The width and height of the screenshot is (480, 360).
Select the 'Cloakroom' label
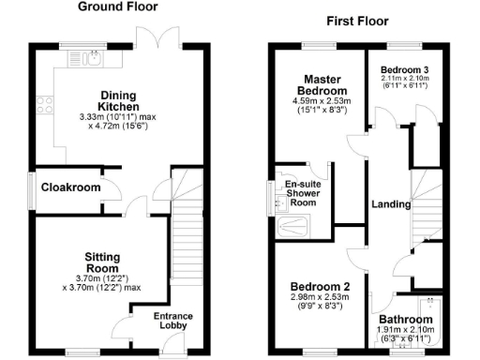(70, 187)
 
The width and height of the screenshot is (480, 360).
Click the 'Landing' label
(390, 204)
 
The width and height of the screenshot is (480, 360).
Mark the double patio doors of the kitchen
(152, 40)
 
